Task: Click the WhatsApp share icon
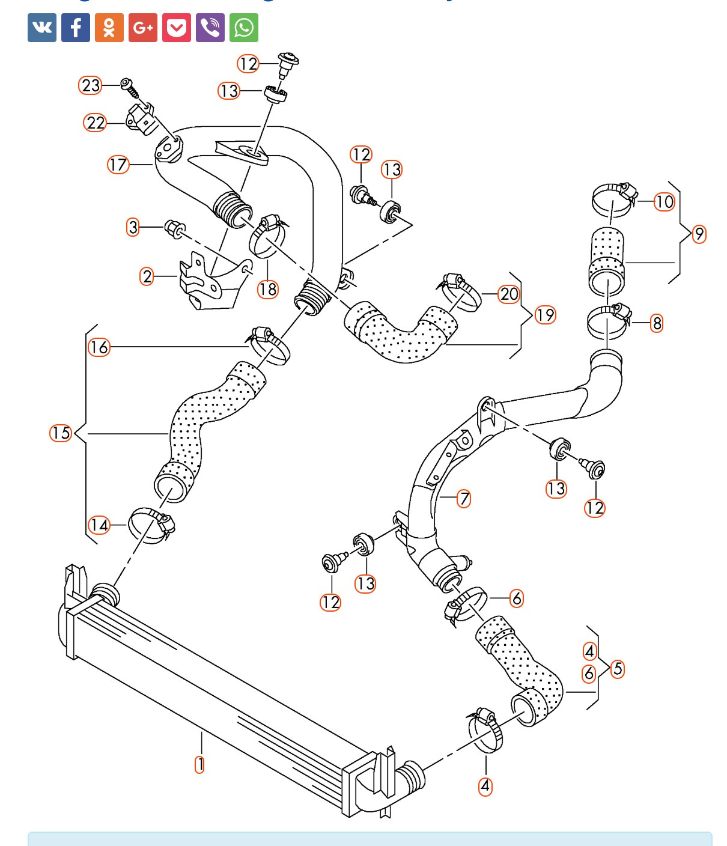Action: (x=243, y=28)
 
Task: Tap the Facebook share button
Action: (x=76, y=28)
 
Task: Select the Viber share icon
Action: (x=210, y=28)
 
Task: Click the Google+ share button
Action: (x=143, y=28)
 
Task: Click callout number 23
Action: (x=91, y=85)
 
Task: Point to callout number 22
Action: (x=96, y=123)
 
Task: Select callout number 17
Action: (x=118, y=164)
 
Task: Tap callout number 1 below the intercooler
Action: (x=199, y=764)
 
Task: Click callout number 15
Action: (x=61, y=433)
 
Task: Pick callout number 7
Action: (x=464, y=498)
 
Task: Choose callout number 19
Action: (x=546, y=315)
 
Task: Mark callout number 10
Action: (x=664, y=201)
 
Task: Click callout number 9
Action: (x=699, y=234)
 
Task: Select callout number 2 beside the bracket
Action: (x=147, y=276)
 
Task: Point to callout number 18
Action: (x=268, y=289)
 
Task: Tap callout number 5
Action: (x=618, y=669)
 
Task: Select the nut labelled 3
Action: (x=174, y=228)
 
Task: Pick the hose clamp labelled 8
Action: (x=608, y=321)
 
